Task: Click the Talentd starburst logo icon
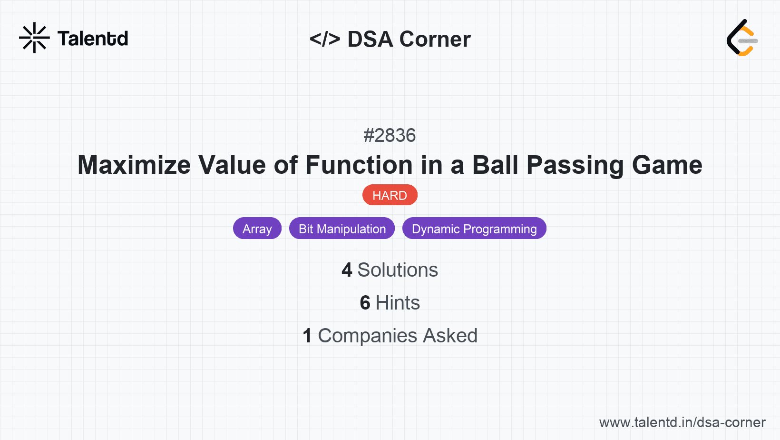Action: click(x=34, y=38)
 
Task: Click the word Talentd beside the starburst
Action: click(x=93, y=39)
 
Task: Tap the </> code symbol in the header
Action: click(x=324, y=39)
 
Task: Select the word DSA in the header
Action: click(x=370, y=39)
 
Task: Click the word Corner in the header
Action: click(x=435, y=39)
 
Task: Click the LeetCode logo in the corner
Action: click(x=742, y=38)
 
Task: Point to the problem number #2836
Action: click(x=390, y=135)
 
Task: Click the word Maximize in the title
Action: click(x=134, y=165)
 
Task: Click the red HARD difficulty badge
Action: click(x=390, y=195)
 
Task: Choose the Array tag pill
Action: click(x=257, y=229)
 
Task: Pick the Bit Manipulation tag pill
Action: click(x=342, y=229)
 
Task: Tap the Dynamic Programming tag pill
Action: click(x=474, y=229)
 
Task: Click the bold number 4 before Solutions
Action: click(x=347, y=270)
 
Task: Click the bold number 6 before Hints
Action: click(x=365, y=303)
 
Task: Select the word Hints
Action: click(x=398, y=303)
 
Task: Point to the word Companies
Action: click(x=368, y=336)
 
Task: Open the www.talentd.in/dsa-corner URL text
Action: click(x=682, y=422)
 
